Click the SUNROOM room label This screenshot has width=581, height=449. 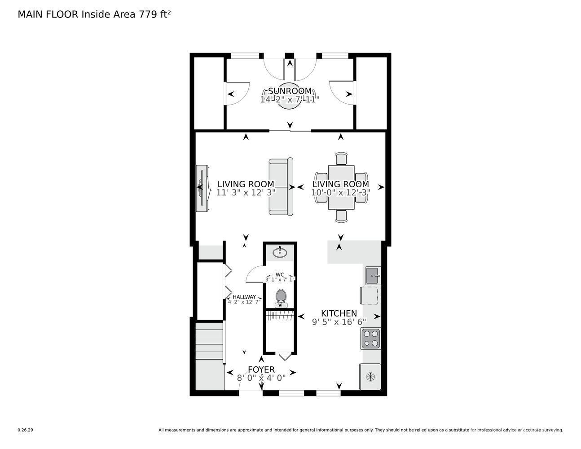pyautogui.click(x=290, y=91)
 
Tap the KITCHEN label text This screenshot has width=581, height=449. pyautogui.click(x=339, y=313)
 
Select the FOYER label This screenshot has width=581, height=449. pyautogui.click(x=261, y=370)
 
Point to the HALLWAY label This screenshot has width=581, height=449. pyautogui.click(x=244, y=297)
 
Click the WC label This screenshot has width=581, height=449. pyautogui.click(x=280, y=274)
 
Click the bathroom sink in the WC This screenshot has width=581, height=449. pyautogui.click(x=280, y=252)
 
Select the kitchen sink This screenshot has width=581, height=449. pyautogui.click(x=373, y=276)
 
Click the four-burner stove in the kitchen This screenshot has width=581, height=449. pyautogui.click(x=370, y=339)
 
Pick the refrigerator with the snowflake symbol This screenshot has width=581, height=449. pyautogui.click(x=370, y=377)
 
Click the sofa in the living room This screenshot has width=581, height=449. pyautogui.click(x=281, y=186)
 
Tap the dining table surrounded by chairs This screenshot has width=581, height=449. pyautogui.click(x=341, y=187)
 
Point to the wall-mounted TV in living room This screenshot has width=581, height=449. pyautogui.click(x=202, y=189)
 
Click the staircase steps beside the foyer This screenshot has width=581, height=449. pyautogui.click(x=209, y=341)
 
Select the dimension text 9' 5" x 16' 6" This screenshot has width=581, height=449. pyautogui.click(x=339, y=322)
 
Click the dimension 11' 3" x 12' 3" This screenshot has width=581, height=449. pyautogui.click(x=246, y=193)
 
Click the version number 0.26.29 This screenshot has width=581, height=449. pyautogui.click(x=26, y=430)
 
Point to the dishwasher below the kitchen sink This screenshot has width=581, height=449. pyautogui.click(x=369, y=295)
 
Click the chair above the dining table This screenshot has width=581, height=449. pyautogui.click(x=341, y=158)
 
